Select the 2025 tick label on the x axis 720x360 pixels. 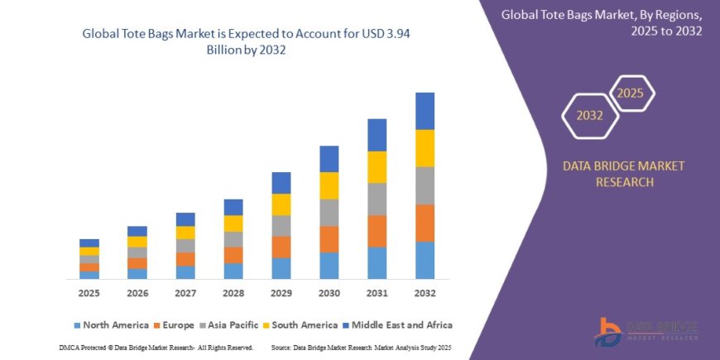89,294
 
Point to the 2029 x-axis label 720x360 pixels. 281,294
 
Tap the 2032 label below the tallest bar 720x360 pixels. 425,294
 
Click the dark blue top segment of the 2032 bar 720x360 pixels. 425,111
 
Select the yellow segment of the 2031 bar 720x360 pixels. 377,167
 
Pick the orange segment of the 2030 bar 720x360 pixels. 329,239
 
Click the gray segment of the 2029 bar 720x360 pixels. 281,226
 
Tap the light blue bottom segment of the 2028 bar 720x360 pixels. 233,271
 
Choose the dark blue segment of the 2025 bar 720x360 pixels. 89,242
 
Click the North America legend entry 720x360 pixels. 111,325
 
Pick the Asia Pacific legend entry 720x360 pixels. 228,325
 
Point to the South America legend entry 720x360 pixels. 300,325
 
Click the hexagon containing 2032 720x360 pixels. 590,115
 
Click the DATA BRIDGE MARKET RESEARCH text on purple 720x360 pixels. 624,174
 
